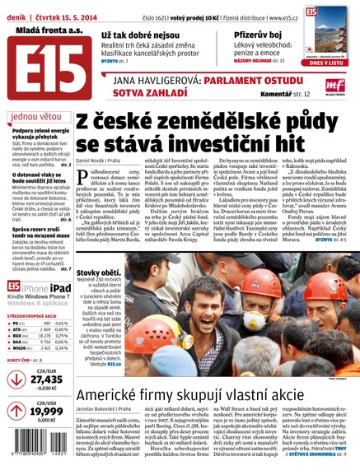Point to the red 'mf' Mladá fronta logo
tap(335, 82)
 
